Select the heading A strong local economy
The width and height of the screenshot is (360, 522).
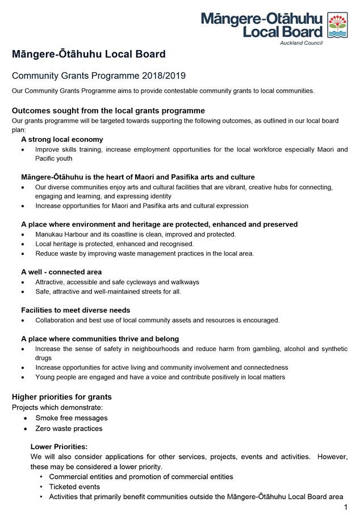point(62,139)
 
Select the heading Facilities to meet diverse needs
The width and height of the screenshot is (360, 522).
point(76,310)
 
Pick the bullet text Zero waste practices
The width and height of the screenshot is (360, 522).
point(69,428)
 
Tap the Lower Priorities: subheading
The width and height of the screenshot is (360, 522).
point(59,446)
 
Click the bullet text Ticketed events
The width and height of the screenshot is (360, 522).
point(74,487)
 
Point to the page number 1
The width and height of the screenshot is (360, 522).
point(345,507)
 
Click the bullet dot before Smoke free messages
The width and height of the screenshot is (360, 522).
point(26,418)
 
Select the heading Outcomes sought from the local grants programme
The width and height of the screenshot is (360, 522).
point(108,110)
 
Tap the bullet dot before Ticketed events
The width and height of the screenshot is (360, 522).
point(41,487)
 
